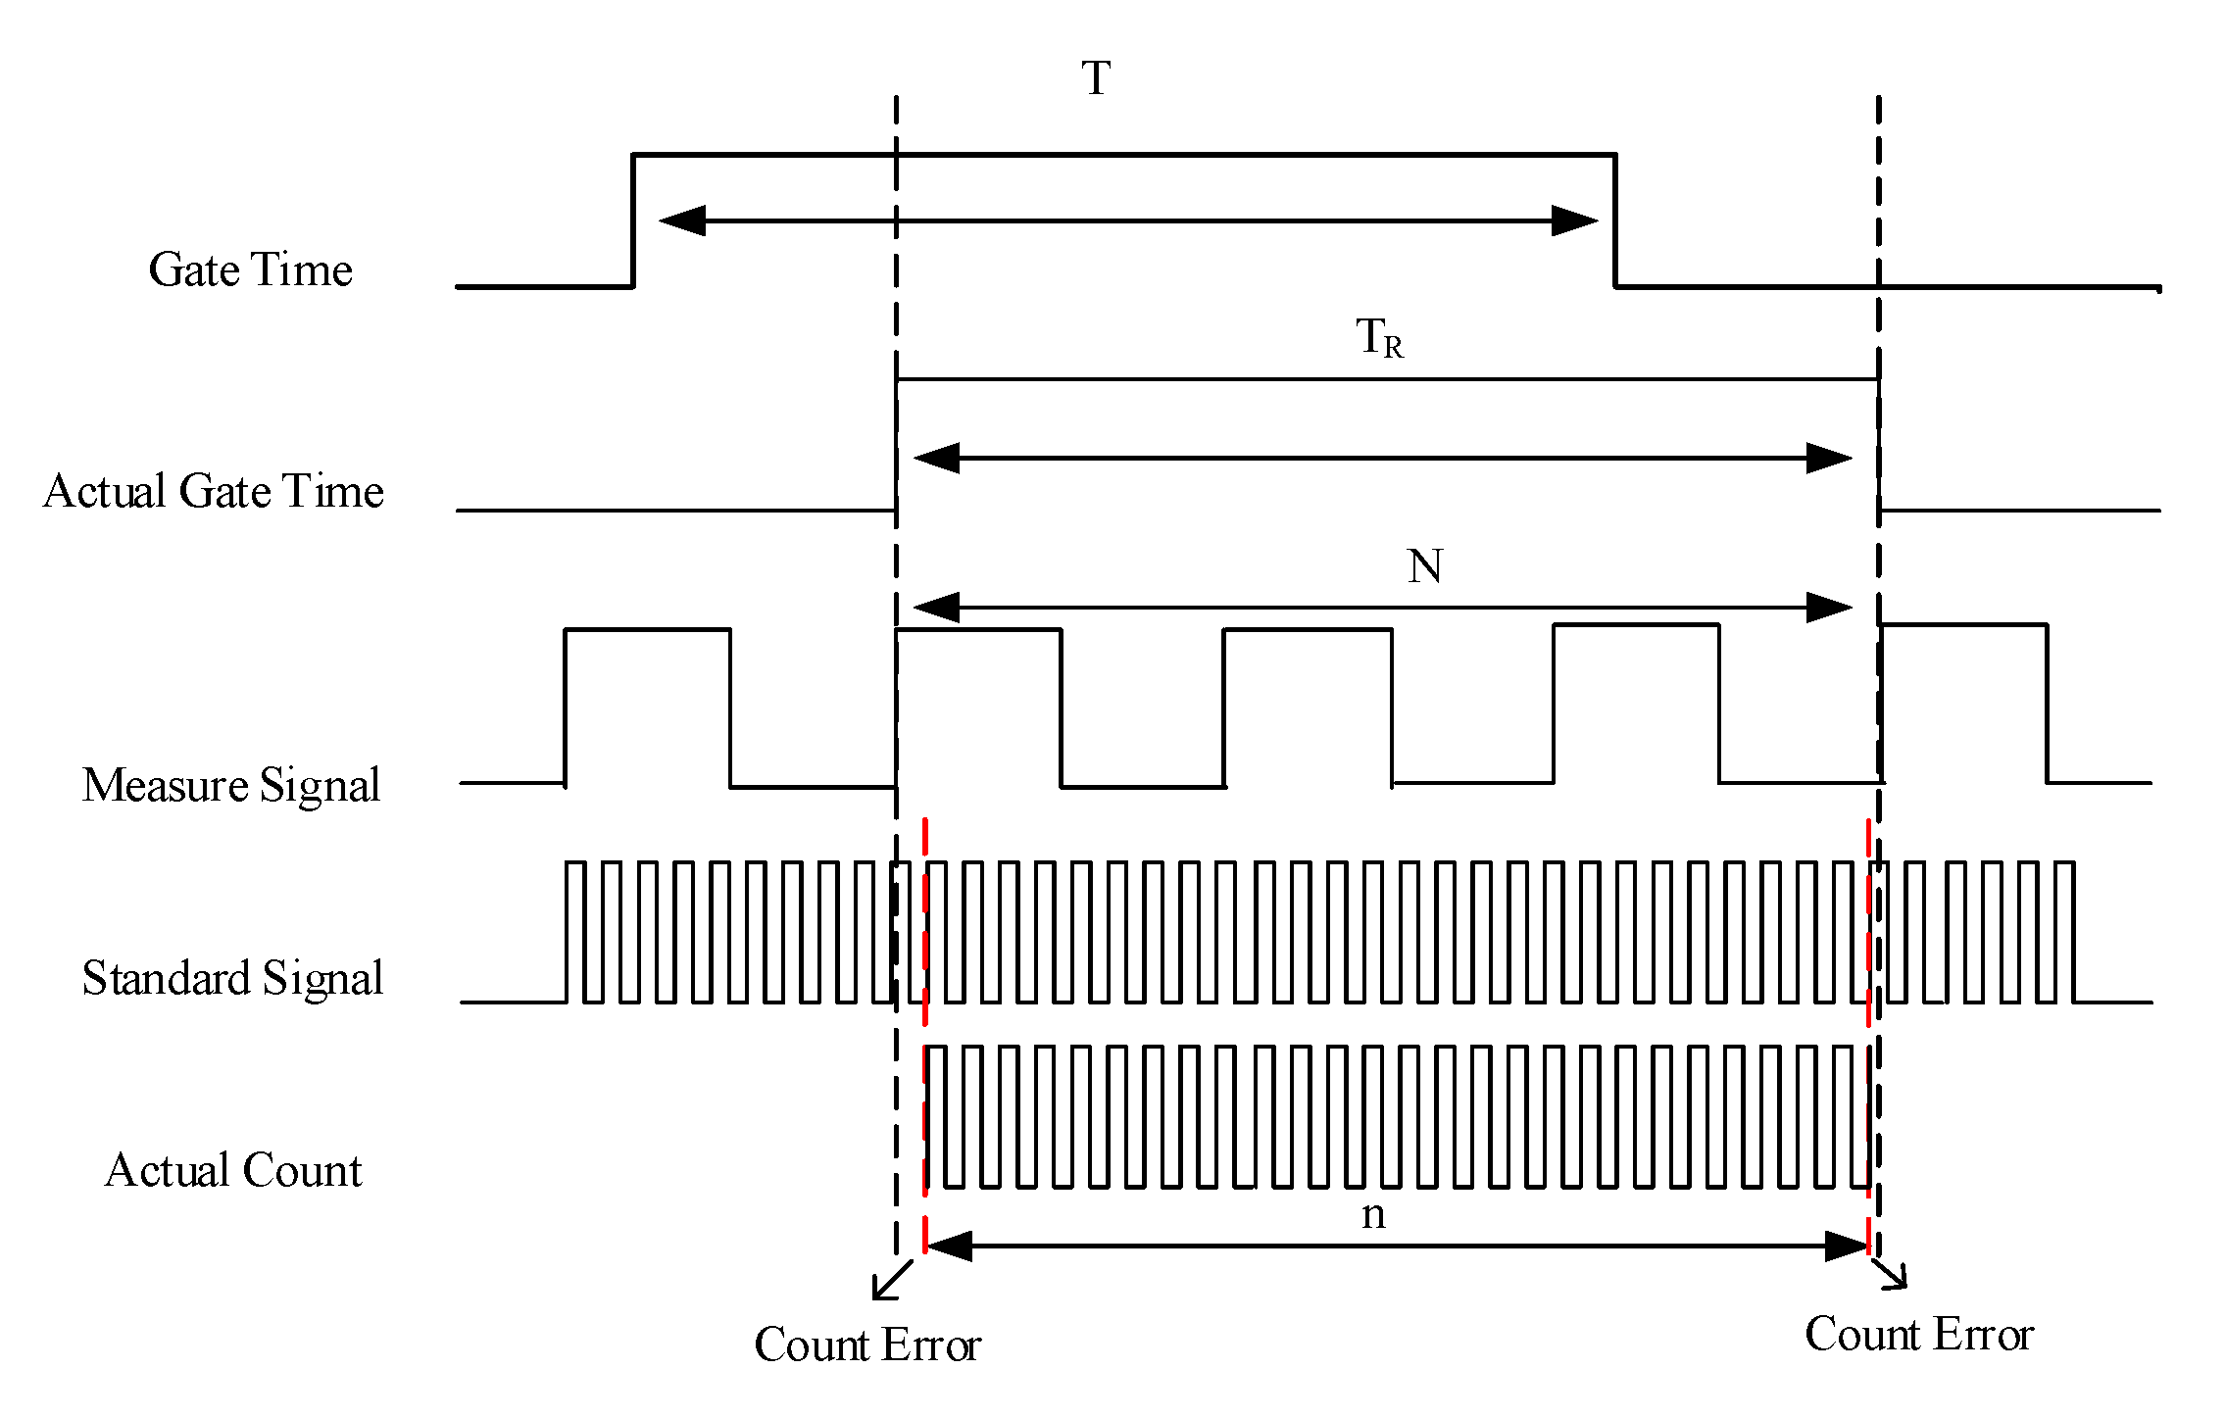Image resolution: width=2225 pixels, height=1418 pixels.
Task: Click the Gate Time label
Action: [x=250, y=269]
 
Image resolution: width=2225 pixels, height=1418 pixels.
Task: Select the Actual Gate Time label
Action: [x=214, y=491]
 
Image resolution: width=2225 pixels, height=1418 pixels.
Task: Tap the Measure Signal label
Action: [x=231, y=785]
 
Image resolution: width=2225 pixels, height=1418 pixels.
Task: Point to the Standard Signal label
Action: [x=232, y=978]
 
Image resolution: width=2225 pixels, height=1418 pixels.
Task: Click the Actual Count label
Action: [x=233, y=1170]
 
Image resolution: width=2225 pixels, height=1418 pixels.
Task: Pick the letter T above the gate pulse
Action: [x=1096, y=78]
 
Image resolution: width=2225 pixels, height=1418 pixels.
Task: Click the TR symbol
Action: [x=1379, y=338]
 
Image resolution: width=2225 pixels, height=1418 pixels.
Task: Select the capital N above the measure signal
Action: [x=1424, y=566]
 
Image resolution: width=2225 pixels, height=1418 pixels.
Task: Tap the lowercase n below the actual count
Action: [x=1373, y=1215]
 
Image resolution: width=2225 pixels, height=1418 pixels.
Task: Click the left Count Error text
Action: [x=867, y=1345]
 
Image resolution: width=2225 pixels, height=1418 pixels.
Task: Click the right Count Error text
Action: [x=1919, y=1335]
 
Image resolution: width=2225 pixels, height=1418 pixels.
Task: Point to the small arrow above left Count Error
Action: [x=891, y=1281]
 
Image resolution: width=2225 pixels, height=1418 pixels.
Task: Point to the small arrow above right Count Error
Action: [x=1891, y=1273]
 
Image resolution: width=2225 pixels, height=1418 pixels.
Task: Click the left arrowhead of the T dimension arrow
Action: [x=682, y=220]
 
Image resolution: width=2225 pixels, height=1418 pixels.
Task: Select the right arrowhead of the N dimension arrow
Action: [x=1829, y=608]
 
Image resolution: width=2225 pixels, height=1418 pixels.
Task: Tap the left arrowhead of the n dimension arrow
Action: [x=949, y=1247]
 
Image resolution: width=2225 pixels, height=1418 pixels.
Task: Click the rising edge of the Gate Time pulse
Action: [x=633, y=220]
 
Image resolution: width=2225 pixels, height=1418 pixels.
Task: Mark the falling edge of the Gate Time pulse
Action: [x=1615, y=220]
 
